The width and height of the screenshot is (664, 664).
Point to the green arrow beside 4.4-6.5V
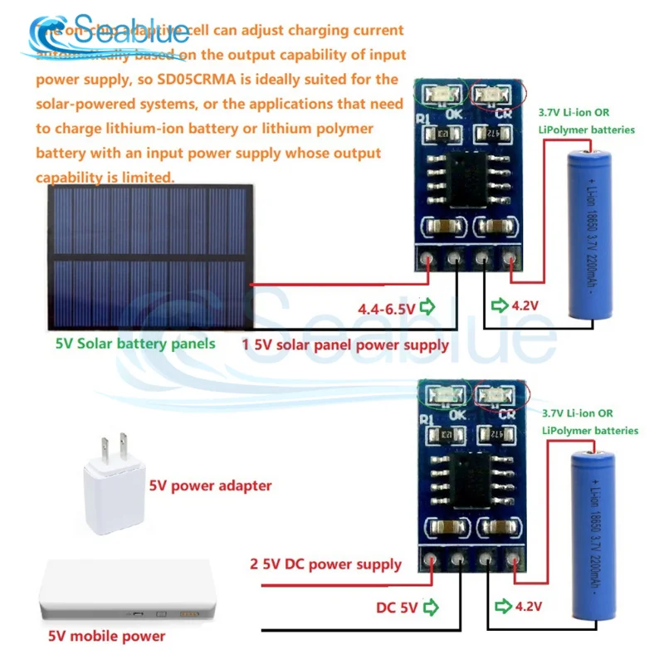tap(427, 309)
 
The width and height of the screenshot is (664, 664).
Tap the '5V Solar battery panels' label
tap(134, 343)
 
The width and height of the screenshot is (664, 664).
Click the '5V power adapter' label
tap(210, 486)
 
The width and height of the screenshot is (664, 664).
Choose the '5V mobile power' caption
tap(106, 637)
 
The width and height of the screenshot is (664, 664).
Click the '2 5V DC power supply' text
tap(325, 564)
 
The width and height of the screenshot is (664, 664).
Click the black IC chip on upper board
tap(466, 178)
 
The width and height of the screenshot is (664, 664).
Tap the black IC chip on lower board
tap(466, 476)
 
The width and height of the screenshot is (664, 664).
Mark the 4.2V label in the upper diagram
tap(525, 306)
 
